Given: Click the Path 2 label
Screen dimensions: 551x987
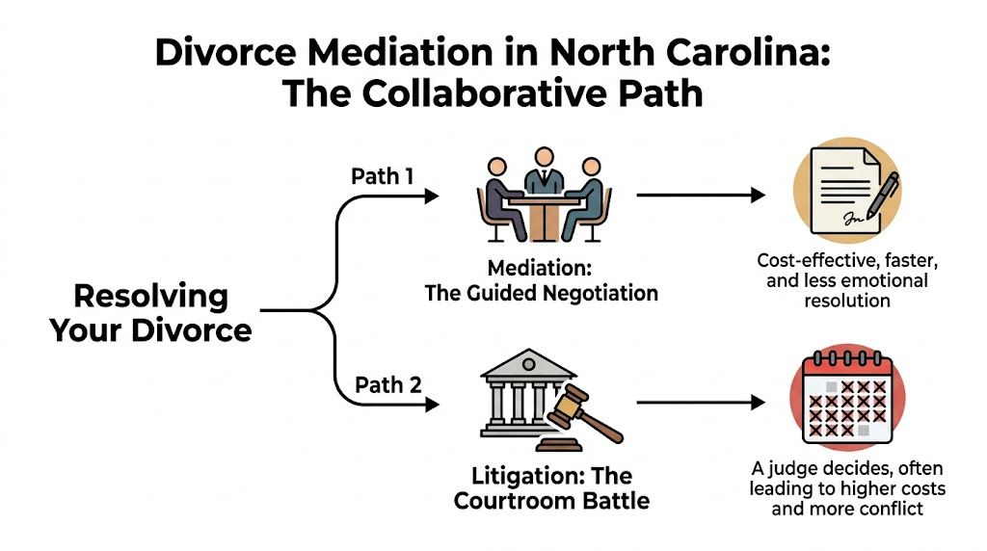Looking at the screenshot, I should tap(387, 385).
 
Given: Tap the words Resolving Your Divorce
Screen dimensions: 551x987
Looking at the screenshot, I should tap(150, 312).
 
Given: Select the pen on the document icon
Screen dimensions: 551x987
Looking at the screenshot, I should tap(881, 197).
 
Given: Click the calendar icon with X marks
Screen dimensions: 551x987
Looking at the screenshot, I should tap(846, 400).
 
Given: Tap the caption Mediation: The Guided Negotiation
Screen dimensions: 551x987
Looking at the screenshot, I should tap(541, 280).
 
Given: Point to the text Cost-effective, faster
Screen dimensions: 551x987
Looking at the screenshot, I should tap(847, 261).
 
